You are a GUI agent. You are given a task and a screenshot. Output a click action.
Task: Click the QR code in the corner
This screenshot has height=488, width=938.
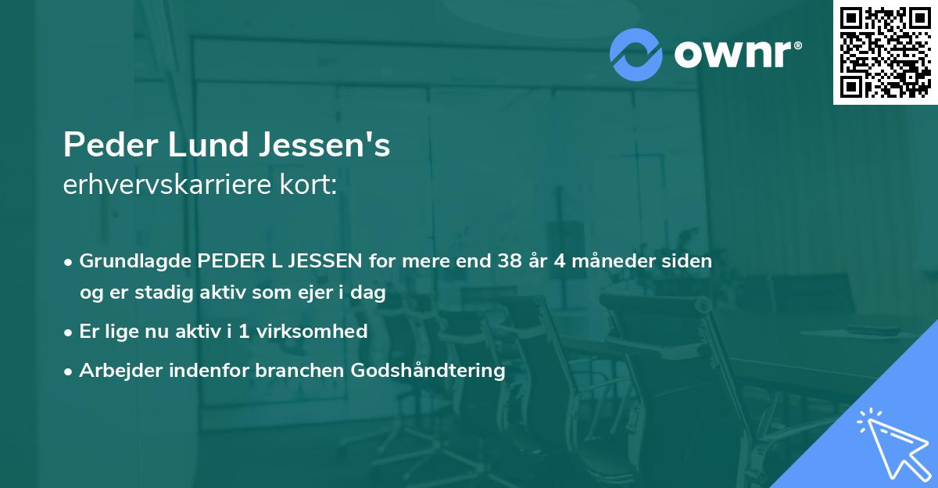(x=885, y=52)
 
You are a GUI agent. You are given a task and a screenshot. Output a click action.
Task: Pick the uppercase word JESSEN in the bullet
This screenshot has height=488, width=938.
(x=322, y=261)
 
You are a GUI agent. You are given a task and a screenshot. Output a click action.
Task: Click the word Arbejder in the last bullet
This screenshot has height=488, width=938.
(x=116, y=370)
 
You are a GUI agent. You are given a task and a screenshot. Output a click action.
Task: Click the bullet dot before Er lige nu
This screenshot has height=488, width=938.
(x=70, y=332)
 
